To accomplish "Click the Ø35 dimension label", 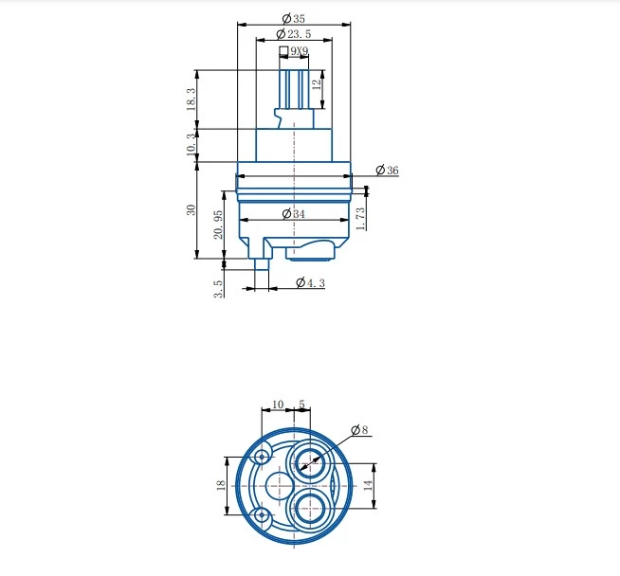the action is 294,18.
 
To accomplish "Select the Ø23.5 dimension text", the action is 294,34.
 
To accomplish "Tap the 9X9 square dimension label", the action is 300,51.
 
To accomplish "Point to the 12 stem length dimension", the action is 317,84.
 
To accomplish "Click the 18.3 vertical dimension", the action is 191,99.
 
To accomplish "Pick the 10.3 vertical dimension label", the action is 191,144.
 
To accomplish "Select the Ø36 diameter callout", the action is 387,171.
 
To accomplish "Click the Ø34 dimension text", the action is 294,214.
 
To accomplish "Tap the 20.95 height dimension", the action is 218,225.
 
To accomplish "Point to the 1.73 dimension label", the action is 360,219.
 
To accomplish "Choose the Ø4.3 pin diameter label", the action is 310,282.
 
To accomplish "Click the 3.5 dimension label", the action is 218,289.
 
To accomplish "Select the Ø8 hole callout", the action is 359,429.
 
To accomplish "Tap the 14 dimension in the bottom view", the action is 368,485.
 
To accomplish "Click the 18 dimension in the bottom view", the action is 221,485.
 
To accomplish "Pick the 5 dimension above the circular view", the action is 301,405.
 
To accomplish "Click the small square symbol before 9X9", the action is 283,51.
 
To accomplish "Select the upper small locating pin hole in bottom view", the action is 262,457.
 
